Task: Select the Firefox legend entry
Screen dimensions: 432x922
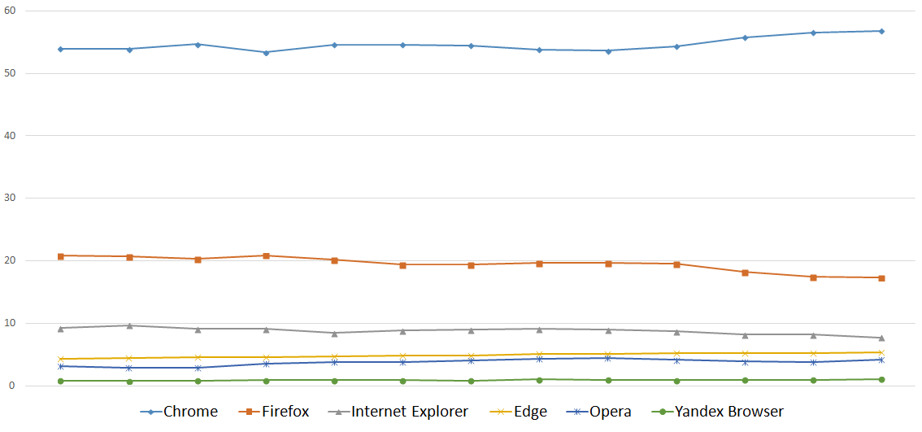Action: click(273, 412)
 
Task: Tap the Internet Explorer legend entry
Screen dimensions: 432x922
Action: click(398, 412)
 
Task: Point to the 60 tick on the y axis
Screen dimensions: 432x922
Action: click(11, 11)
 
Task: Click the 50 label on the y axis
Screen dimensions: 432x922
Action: click(11, 73)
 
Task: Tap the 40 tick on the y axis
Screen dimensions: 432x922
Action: click(11, 136)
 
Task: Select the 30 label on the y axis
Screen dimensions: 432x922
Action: click(11, 198)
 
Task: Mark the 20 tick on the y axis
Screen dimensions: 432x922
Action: click(11, 260)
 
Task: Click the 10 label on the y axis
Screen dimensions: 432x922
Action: click(11, 323)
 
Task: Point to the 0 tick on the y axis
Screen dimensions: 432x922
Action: click(14, 386)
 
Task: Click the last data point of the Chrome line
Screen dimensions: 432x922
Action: click(881, 31)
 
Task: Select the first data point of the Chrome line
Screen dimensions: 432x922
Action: click(61, 49)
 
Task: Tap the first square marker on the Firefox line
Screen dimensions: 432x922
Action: click(61, 255)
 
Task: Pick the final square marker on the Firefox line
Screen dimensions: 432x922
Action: click(881, 277)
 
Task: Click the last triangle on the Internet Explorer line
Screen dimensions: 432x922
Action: click(881, 338)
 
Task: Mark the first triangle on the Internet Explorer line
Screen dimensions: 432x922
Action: click(61, 328)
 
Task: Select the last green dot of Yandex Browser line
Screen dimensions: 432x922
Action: click(881, 379)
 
